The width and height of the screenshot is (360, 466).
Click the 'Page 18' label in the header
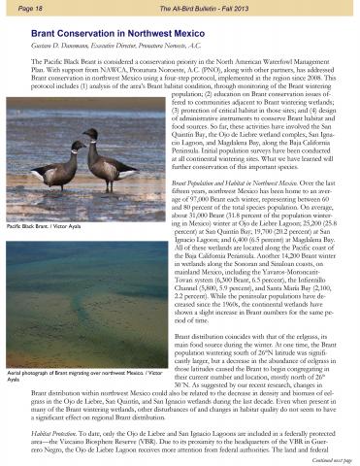pyautogui.click(x=22, y=8)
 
